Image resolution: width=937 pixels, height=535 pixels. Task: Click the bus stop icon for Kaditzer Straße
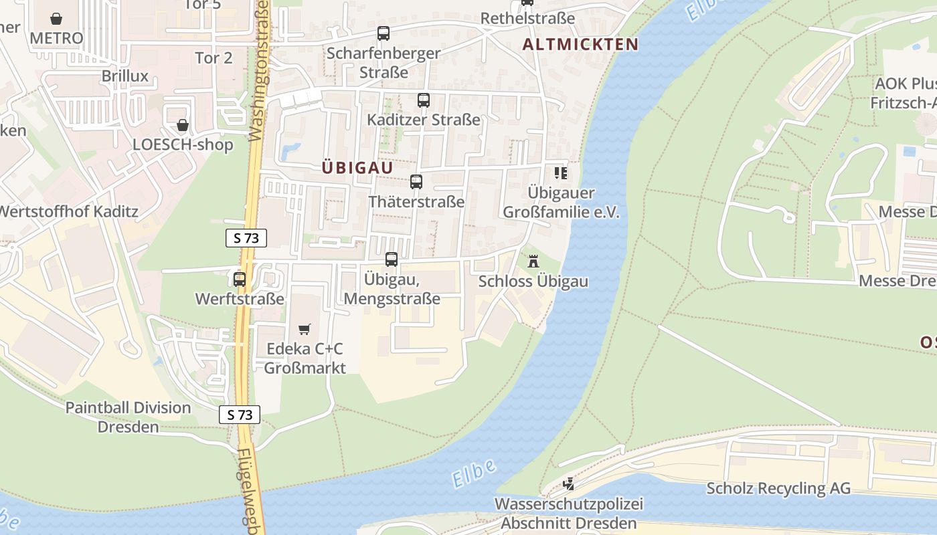pyautogui.click(x=423, y=100)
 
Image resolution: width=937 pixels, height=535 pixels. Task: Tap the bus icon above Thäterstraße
pyautogui.click(x=416, y=182)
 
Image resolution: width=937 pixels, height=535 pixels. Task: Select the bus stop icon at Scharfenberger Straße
pyautogui.click(x=383, y=33)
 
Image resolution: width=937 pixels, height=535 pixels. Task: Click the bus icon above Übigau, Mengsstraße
pyautogui.click(x=392, y=259)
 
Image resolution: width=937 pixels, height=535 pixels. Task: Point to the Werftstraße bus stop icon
pyautogui.click(x=239, y=280)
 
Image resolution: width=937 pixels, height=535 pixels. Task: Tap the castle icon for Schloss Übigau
pyautogui.click(x=533, y=261)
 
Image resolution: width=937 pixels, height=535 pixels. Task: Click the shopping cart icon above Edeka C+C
pyautogui.click(x=305, y=329)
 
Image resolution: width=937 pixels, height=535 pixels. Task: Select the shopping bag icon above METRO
pyautogui.click(x=56, y=18)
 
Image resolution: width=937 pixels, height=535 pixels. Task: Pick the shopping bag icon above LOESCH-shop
pyautogui.click(x=182, y=125)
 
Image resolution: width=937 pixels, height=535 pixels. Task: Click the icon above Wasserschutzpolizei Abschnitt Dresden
pyautogui.click(x=568, y=484)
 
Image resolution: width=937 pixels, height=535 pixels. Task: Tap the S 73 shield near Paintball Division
pyautogui.click(x=240, y=415)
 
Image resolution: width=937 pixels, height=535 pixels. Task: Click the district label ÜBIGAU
pyautogui.click(x=357, y=167)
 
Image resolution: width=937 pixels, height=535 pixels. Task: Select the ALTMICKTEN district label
pyautogui.click(x=580, y=45)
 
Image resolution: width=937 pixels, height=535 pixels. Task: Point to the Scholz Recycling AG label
pyautogui.click(x=778, y=488)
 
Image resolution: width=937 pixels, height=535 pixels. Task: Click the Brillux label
pyautogui.click(x=124, y=76)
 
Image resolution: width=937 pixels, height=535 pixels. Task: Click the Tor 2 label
pyautogui.click(x=214, y=58)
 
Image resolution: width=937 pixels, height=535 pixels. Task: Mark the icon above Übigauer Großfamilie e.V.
pyautogui.click(x=560, y=174)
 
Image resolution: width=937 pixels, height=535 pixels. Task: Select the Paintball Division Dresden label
pyautogui.click(x=128, y=417)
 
